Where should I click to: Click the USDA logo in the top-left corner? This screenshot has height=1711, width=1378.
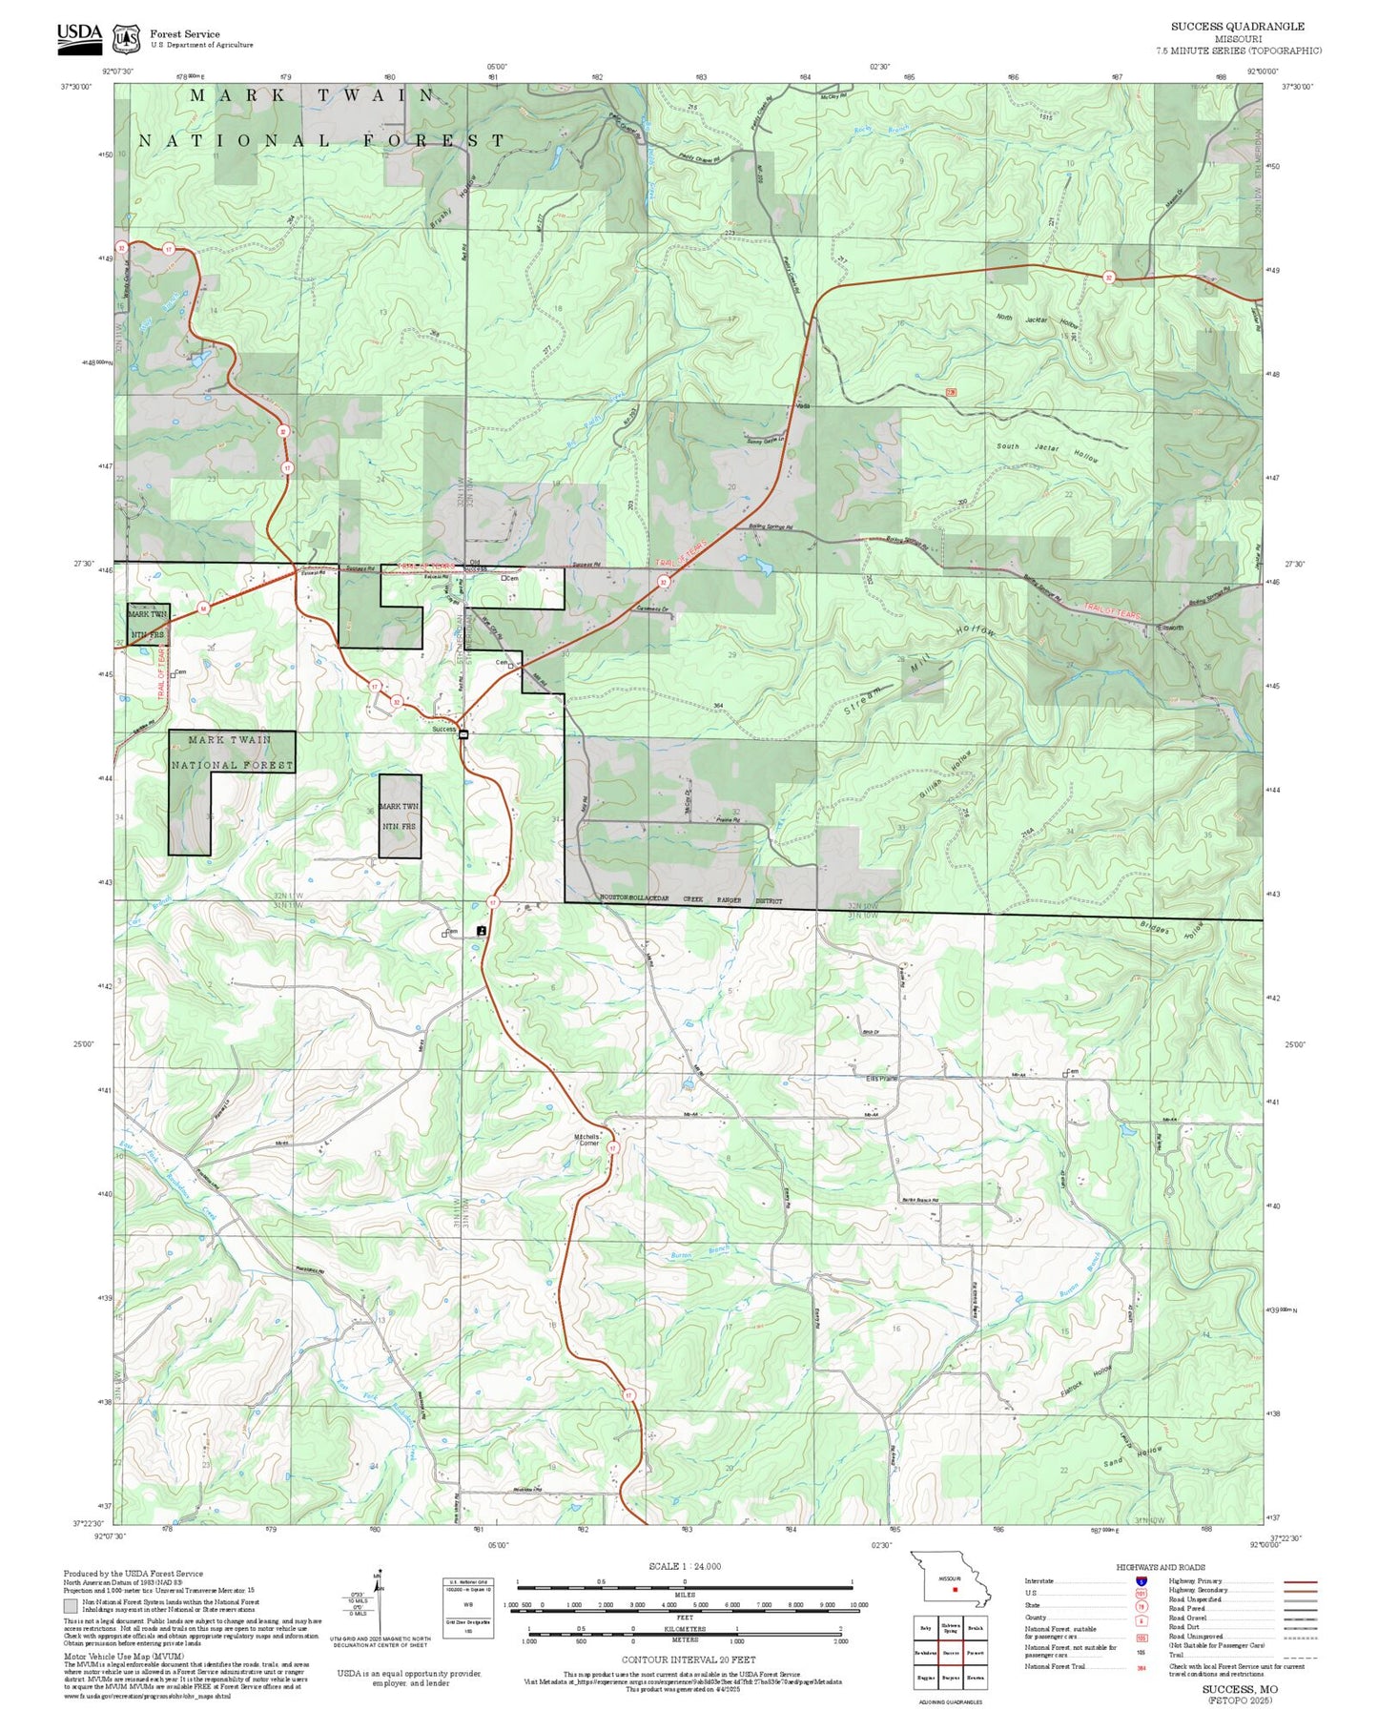(79, 35)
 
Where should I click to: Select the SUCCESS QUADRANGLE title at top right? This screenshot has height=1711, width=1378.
(1237, 26)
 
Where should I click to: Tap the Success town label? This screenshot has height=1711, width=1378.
(444, 730)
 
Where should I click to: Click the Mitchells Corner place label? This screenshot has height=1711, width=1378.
(587, 1140)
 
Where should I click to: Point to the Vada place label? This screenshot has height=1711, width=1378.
(803, 405)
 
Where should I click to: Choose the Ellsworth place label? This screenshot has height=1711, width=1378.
(1170, 628)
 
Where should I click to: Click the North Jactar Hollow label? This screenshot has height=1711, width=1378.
(1036, 320)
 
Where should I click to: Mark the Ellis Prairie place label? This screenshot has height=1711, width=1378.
(881, 1079)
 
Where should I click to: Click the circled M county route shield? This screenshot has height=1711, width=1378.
(203, 608)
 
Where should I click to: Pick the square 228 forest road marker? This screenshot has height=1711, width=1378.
(951, 392)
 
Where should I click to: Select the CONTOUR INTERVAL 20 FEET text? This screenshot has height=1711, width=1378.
(689, 1660)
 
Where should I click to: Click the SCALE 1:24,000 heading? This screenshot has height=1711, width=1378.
(685, 1567)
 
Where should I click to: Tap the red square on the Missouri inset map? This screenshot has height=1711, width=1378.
(954, 1589)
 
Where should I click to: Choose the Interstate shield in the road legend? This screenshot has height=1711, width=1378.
(1141, 1581)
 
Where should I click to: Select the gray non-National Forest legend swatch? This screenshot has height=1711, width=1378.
(71, 1605)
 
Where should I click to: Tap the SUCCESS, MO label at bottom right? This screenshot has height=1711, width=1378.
(1240, 1689)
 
